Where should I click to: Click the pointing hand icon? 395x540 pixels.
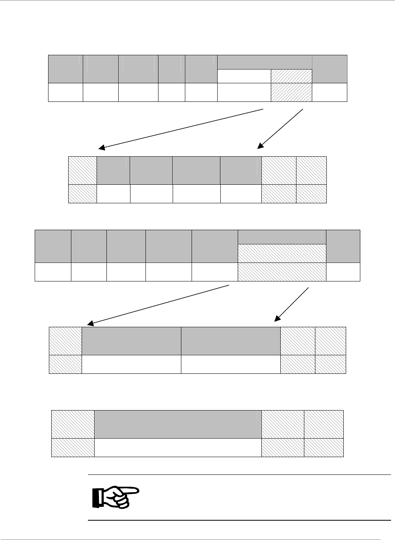tap(116, 497)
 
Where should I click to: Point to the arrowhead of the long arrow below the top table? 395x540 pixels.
tap(101, 148)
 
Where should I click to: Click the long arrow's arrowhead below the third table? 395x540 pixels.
tap(90, 323)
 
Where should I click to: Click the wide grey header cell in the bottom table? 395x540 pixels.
tap(178, 424)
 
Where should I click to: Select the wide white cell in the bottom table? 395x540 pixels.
tap(178, 448)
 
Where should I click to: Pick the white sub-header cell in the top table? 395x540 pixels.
tap(244, 76)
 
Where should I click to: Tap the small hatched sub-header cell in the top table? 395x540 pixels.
tap(291, 76)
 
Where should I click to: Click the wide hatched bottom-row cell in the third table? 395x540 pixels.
tap(282, 272)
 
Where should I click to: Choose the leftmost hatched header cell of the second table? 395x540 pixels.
tap(83, 171)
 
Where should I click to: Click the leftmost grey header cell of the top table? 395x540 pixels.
tap(65, 69)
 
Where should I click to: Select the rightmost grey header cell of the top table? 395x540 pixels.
tap(329, 69)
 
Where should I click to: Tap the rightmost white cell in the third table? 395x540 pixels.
tap(343, 272)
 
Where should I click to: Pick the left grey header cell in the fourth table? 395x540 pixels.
tap(131, 341)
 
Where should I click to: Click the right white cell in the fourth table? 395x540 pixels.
tap(230, 364)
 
